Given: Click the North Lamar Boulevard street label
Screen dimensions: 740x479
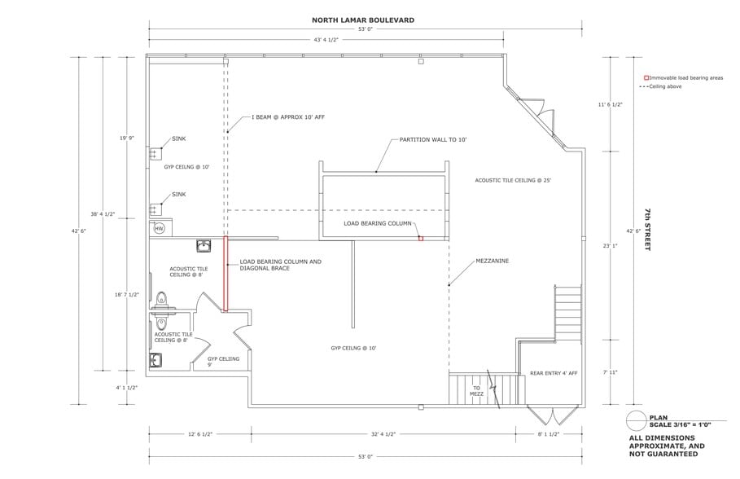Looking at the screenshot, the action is pos(363,20).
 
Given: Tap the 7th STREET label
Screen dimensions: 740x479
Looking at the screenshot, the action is pos(648,230).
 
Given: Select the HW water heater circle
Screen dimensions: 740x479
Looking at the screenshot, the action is pos(160,229).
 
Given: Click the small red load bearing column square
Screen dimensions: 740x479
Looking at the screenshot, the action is pos(421,239).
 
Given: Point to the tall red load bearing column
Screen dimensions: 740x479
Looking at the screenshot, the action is pos(226,274).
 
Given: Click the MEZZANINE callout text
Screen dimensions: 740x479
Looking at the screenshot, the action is pos(493,261).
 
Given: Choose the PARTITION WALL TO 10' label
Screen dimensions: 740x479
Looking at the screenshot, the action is pos(433,140).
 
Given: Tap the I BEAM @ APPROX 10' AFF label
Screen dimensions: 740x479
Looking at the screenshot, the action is pos(288,117).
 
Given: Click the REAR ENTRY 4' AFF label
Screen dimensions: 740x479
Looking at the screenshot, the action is pos(554,373).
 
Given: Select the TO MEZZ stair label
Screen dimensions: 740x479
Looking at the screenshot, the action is pos(477,391).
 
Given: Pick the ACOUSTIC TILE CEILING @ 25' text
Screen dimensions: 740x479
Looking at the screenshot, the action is pos(513,181).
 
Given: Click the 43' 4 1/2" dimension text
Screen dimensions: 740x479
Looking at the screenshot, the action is pos(326,40).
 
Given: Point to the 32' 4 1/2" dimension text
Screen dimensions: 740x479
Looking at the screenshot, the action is pos(383,433).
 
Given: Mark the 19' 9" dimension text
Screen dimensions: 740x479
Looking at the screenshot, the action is pos(127,138).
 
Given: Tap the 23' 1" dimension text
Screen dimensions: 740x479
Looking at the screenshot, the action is pos(611,246).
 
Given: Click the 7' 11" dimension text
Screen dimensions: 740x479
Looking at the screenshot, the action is pos(611,372).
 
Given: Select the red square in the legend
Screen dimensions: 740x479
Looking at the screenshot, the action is pos(646,78).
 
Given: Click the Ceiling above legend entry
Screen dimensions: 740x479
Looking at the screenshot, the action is pos(660,87).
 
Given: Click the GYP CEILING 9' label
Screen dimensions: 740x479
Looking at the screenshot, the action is pos(223,362).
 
